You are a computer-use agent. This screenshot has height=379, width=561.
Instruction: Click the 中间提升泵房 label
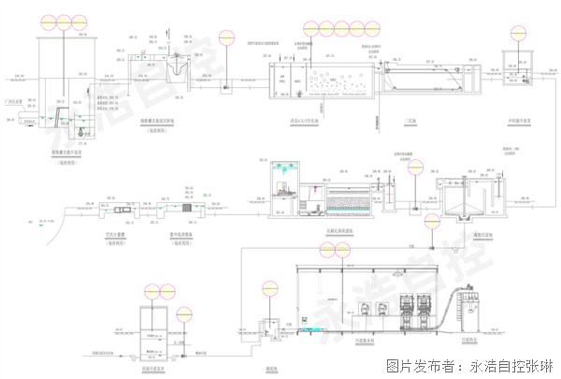coord(519,120)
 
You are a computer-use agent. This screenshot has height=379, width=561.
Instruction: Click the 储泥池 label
coord(272,367)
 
